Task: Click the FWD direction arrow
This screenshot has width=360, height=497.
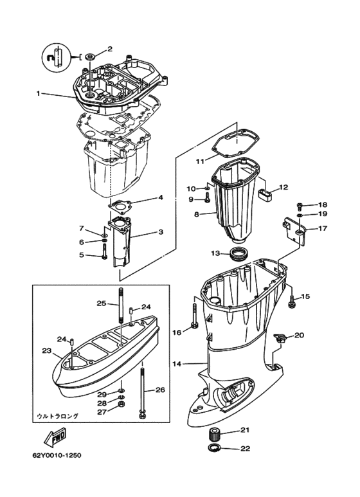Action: pyautogui.click(x=55, y=437)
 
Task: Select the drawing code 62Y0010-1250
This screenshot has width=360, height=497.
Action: pyautogui.click(x=57, y=455)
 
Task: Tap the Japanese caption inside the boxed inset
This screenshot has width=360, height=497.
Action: pyautogui.click(x=57, y=415)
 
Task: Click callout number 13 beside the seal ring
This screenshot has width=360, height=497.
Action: pyautogui.click(x=215, y=253)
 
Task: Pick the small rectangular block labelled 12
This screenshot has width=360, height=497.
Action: pyautogui.click(x=265, y=194)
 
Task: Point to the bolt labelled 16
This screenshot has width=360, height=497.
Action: pyautogui.click(x=195, y=316)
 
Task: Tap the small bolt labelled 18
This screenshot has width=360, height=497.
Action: pyautogui.click(x=299, y=206)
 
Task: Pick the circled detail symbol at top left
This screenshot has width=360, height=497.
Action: pyautogui.click(x=55, y=57)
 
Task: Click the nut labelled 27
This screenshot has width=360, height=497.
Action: pyautogui.click(x=121, y=404)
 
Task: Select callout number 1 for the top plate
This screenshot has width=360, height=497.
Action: pyautogui.click(x=38, y=93)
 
